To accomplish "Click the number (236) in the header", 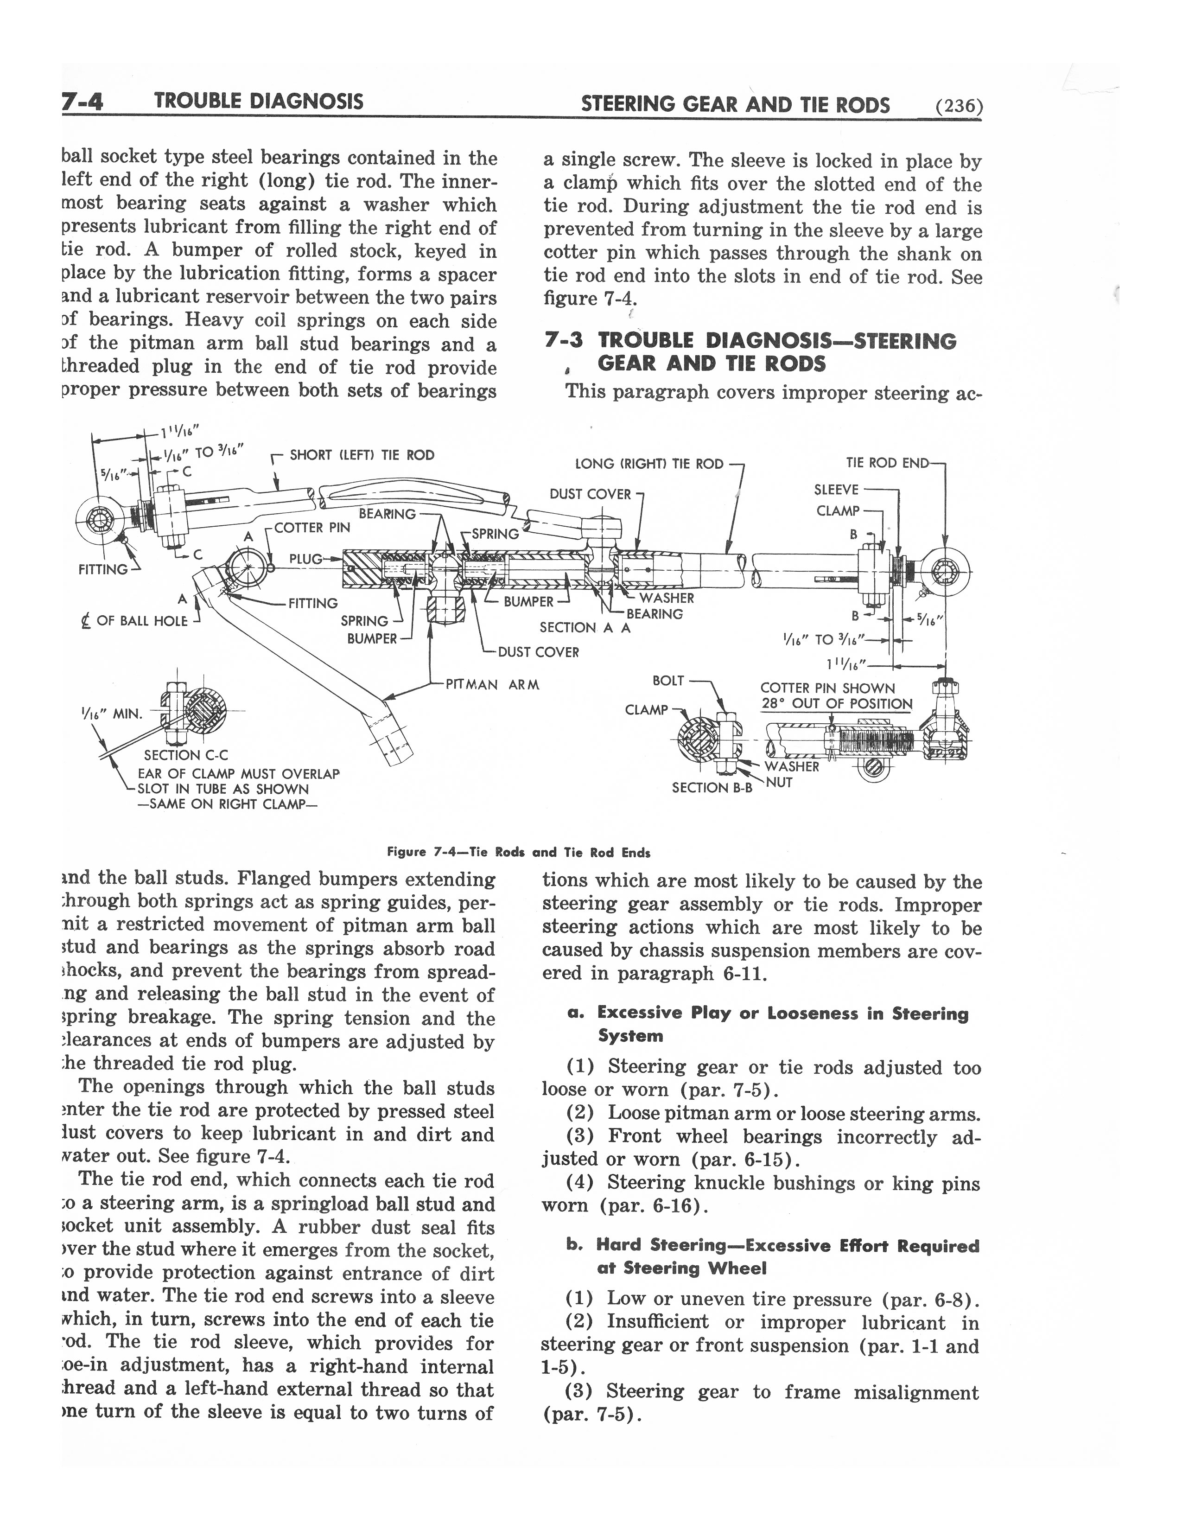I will (959, 107).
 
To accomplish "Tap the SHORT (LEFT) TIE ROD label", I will (362, 455).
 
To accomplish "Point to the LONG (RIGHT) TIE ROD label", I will (648, 464).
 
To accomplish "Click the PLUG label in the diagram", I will (305, 559).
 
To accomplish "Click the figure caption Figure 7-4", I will (518, 853).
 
